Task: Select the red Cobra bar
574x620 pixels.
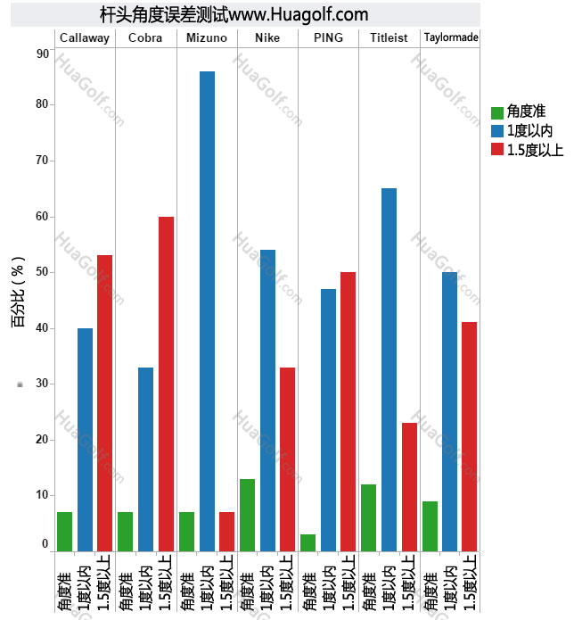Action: point(166,384)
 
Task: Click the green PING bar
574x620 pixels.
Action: point(307,542)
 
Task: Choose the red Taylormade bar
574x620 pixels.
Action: point(470,436)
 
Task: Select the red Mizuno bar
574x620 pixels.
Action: point(226,531)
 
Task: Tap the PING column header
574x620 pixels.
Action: point(328,37)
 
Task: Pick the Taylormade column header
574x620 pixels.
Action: point(451,37)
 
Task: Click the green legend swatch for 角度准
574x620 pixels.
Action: point(497,112)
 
